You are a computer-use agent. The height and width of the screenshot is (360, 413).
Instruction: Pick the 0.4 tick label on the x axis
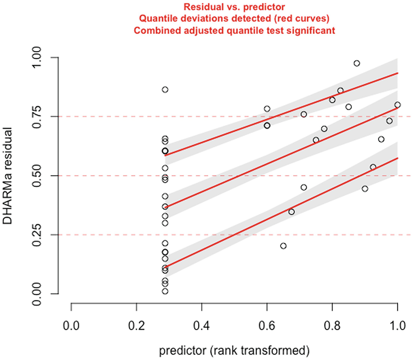click(202, 323)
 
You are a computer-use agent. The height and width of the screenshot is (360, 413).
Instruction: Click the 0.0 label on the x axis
click(71, 323)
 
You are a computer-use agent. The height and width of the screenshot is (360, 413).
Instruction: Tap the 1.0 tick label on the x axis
click(397, 323)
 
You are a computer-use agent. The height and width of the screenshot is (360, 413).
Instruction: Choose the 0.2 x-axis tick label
click(137, 323)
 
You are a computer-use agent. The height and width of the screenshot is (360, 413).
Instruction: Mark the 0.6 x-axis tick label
click(267, 323)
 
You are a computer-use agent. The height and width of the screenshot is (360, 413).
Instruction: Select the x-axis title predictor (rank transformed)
click(234, 351)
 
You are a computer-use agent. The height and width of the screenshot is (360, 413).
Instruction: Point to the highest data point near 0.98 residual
click(357, 63)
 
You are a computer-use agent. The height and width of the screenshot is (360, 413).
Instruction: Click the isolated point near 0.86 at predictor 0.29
click(165, 89)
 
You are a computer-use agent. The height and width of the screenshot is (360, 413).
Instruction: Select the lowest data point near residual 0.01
click(165, 291)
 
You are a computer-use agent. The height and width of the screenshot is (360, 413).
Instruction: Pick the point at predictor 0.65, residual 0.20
click(283, 246)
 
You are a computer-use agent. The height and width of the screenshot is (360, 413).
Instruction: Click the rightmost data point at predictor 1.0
click(398, 105)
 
